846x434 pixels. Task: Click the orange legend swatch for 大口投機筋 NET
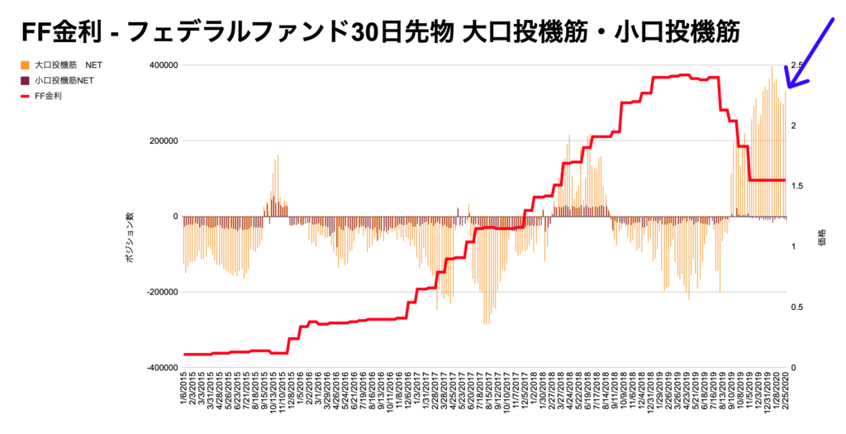pos(25,64)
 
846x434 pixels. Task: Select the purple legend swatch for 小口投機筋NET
pos(25,80)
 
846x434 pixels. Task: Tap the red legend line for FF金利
pos(25,96)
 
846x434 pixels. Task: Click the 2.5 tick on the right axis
pos(797,65)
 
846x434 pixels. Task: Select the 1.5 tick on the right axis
pos(797,186)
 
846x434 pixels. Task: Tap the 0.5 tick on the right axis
pos(797,308)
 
